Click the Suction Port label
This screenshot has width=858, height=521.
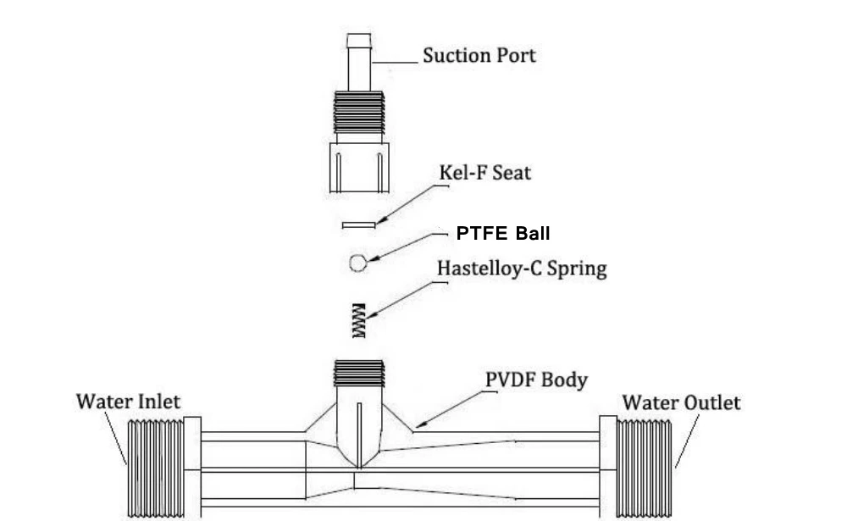[479, 56]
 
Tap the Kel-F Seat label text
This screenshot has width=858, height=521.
[484, 172]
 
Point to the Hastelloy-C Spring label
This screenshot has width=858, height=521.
[522, 269]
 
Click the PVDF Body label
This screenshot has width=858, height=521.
[536, 379]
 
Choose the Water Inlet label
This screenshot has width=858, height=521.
[128, 401]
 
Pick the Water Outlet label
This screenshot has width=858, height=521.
[681, 402]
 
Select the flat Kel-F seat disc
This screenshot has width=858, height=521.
[358, 224]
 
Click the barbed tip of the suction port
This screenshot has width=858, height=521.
[359, 42]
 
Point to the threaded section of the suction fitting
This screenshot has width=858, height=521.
[359, 111]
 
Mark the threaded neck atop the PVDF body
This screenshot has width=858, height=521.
[359, 373]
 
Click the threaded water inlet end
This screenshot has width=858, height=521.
[156, 466]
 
